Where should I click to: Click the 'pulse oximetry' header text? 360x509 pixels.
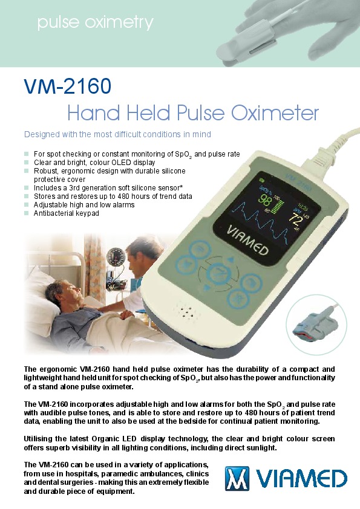coord(95,23)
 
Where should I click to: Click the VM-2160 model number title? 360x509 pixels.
coord(68,86)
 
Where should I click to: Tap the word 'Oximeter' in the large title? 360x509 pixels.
coord(275,113)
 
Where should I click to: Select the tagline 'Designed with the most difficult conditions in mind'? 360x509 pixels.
coord(117,134)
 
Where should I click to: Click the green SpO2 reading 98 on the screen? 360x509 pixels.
coord(265,199)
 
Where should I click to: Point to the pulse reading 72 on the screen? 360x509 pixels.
coord(296,219)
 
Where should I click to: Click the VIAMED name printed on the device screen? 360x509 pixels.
coord(247,241)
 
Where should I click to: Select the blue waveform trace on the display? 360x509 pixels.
coord(260,221)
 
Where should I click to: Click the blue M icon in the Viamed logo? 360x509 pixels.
coord(237,478)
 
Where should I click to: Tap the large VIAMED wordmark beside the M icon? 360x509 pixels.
coord(301,479)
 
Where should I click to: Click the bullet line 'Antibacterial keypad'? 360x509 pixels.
coord(67,213)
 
